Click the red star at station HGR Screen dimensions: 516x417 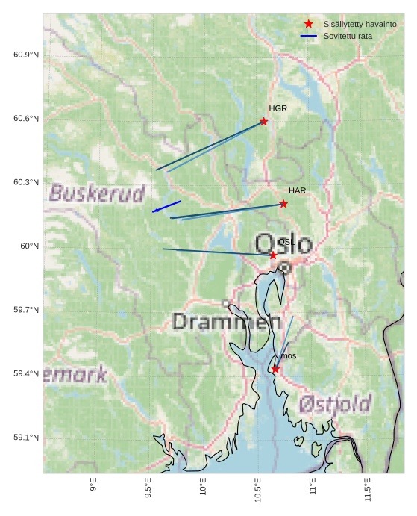click(x=264, y=121)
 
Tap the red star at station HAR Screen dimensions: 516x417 click(x=283, y=204)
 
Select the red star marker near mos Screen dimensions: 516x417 click(x=275, y=369)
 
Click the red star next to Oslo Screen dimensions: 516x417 click(x=273, y=255)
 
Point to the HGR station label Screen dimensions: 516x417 click(x=278, y=109)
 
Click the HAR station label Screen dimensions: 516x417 click(x=298, y=191)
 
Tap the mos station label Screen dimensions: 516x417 click(x=288, y=356)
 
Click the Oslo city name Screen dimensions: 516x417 click(x=283, y=243)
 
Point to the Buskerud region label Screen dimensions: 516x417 click(x=97, y=194)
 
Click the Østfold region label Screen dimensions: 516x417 click(x=335, y=405)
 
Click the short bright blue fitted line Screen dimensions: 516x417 click(x=166, y=206)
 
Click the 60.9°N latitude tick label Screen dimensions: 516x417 click(x=26, y=55)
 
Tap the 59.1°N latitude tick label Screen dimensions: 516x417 click(x=26, y=438)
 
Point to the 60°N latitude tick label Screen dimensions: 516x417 click(x=29, y=246)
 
